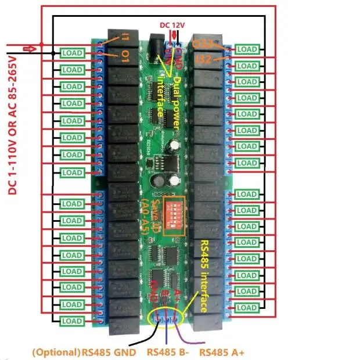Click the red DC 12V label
[173, 24]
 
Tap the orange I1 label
[126, 38]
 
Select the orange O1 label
[125, 56]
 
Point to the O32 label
[203, 44]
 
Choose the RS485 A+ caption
[221, 352]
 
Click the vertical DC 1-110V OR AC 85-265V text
[14, 122]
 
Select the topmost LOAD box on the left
[72, 53]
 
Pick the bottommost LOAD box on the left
[72, 321]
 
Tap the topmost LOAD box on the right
[247, 50]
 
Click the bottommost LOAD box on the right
[247, 308]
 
